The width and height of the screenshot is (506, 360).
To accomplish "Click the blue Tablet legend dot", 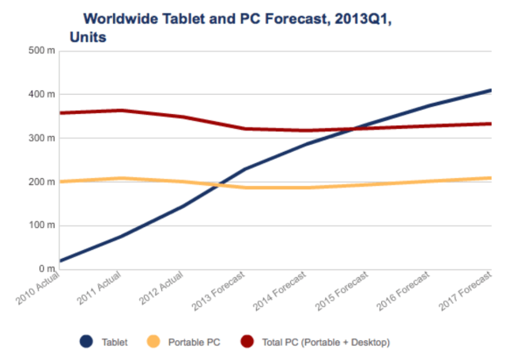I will [x=86, y=341].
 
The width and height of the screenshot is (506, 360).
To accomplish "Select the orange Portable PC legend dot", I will [x=155, y=341].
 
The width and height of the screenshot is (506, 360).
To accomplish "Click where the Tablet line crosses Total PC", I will [x=348, y=128].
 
